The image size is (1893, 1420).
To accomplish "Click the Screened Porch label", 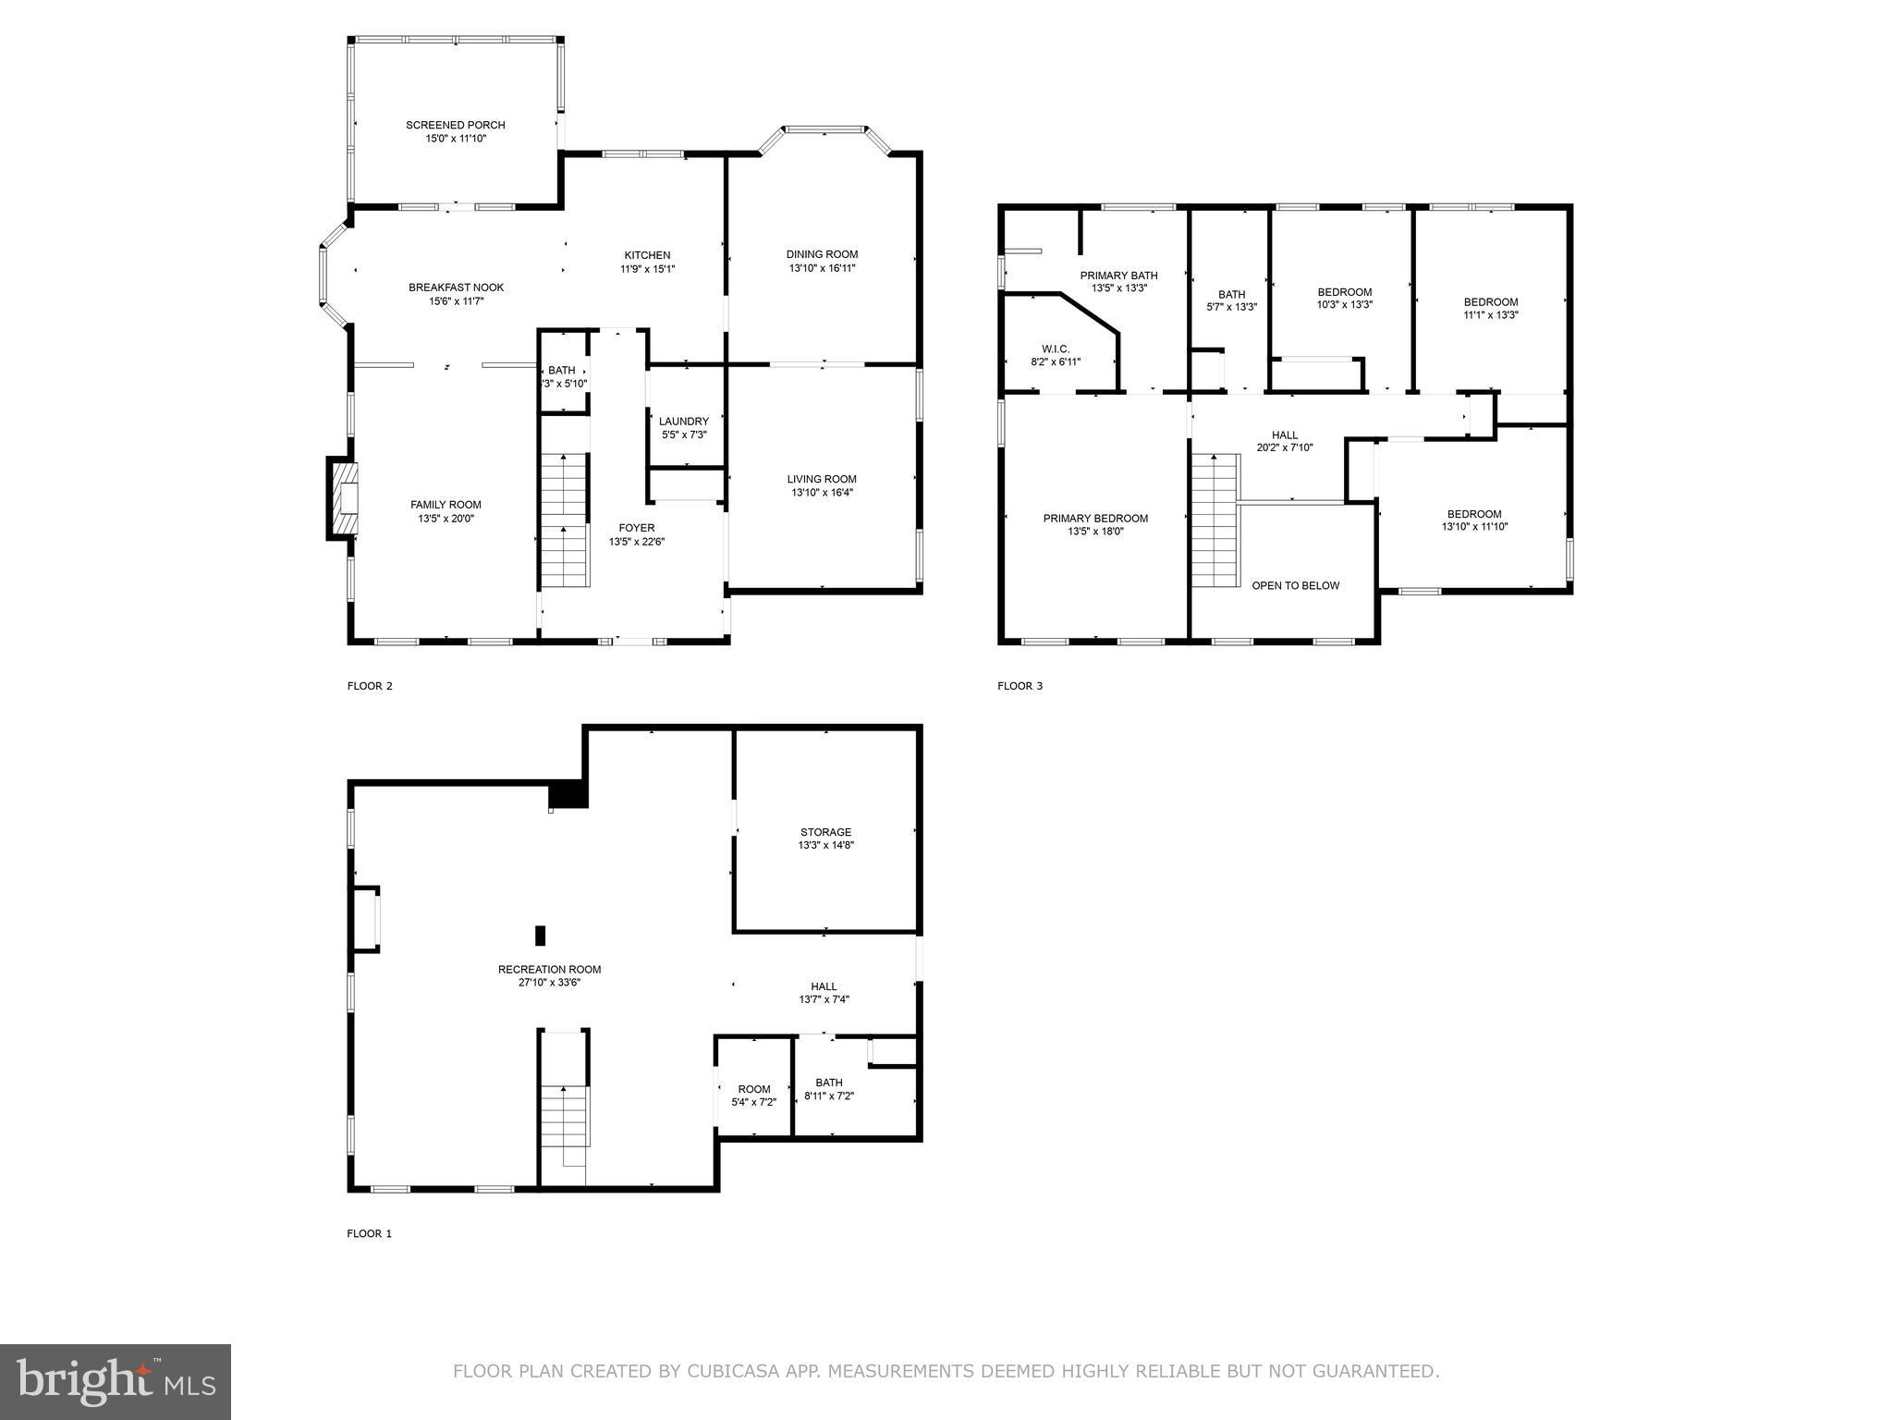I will (455, 125).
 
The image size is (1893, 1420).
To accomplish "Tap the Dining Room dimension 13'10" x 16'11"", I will (822, 268).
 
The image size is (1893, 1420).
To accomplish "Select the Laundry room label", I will (683, 422).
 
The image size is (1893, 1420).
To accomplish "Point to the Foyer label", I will (636, 528).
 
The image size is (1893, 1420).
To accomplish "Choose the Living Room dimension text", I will (822, 493).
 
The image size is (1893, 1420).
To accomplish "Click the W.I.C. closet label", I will (1055, 349).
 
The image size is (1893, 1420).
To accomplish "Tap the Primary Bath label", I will (1118, 275).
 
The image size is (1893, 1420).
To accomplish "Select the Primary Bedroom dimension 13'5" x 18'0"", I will (1095, 532).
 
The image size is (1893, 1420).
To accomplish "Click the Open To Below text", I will (1295, 585).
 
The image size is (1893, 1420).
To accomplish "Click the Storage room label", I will (825, 832).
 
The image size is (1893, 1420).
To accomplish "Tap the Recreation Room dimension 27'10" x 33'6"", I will (549, 983).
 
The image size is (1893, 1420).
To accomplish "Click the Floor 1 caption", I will (369, 1233).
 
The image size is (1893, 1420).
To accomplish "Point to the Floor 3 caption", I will (1020, 686).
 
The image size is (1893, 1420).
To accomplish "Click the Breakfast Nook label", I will (456, 288).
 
